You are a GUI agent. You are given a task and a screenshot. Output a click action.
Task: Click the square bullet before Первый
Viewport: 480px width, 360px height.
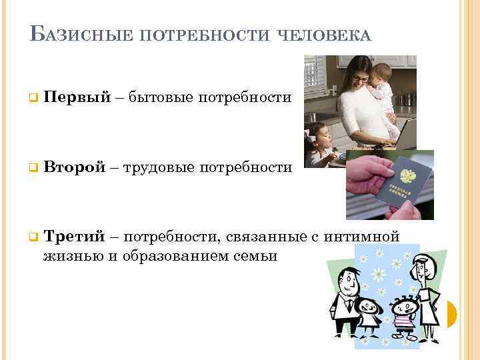(x=31, y=99)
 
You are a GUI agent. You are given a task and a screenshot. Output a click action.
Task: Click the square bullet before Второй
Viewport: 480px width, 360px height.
(x=31, y=168)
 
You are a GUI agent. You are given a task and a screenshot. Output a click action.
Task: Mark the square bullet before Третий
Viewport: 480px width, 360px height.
(x=31, y=237)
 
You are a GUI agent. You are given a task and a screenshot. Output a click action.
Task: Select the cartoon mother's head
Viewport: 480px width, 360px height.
(x=421, y=269)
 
